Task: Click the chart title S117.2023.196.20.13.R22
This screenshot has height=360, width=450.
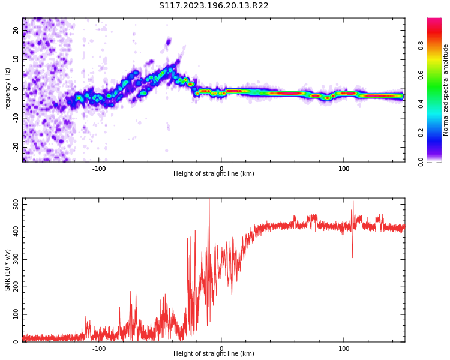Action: click(x=214, y=5)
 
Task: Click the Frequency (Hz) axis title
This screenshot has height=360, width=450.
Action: click(x=8, y=90)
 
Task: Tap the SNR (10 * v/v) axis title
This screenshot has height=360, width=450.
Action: click(x=8, y=271)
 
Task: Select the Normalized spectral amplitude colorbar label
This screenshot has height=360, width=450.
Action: click(x=446, y=90)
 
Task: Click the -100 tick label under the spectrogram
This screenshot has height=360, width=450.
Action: click(x=99, y=169)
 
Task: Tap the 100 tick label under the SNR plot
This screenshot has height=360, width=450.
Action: click(x=344, y=349)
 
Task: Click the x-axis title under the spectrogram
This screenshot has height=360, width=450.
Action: click(x=214, y=174)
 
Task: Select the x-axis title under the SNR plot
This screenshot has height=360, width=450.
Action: click(x=214, y=354)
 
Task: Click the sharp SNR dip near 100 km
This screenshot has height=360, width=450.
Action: click(x=352, y=257)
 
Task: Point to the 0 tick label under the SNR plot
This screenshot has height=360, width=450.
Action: click(x=221, y=349)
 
